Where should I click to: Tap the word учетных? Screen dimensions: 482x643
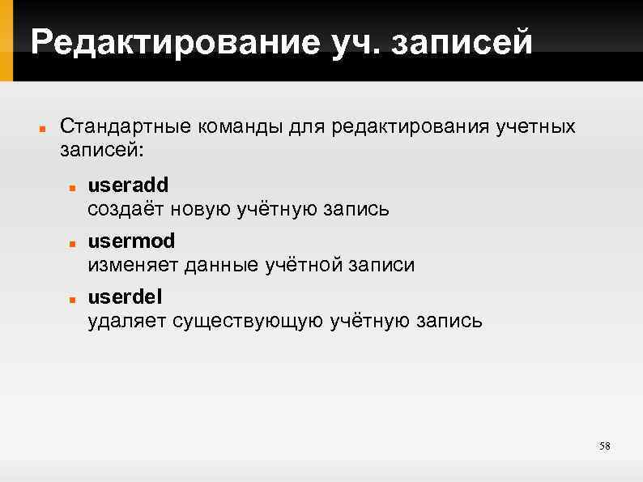pyautogui.click(x=539, y=127)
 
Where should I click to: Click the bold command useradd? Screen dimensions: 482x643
pyautogui.click(x=128, y=186)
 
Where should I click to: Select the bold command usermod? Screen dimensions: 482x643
pyautogui.click(x=131, y=241)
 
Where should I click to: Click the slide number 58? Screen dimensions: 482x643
pyautogui.click(x=604, y=446)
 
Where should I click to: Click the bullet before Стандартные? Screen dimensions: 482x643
pyautogui.click(x=39, y=129)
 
